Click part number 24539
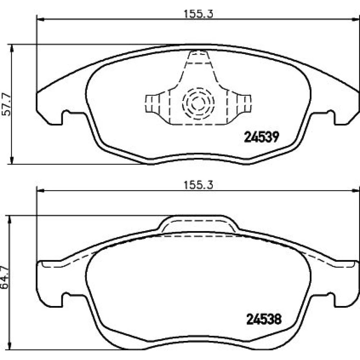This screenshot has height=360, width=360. [x=261, y=137]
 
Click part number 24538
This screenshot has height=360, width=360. [x=264, y=319]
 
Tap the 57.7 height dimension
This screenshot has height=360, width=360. [x=7, y=104]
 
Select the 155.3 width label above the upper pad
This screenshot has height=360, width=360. [x=198, y=14]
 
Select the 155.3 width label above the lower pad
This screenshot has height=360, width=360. [x=198, y=185]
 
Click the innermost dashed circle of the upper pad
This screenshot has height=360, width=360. [x=198, y=103]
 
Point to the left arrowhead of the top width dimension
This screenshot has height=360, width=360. [x=40, y=19]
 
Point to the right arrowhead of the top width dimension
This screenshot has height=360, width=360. [x=356, y=19]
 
